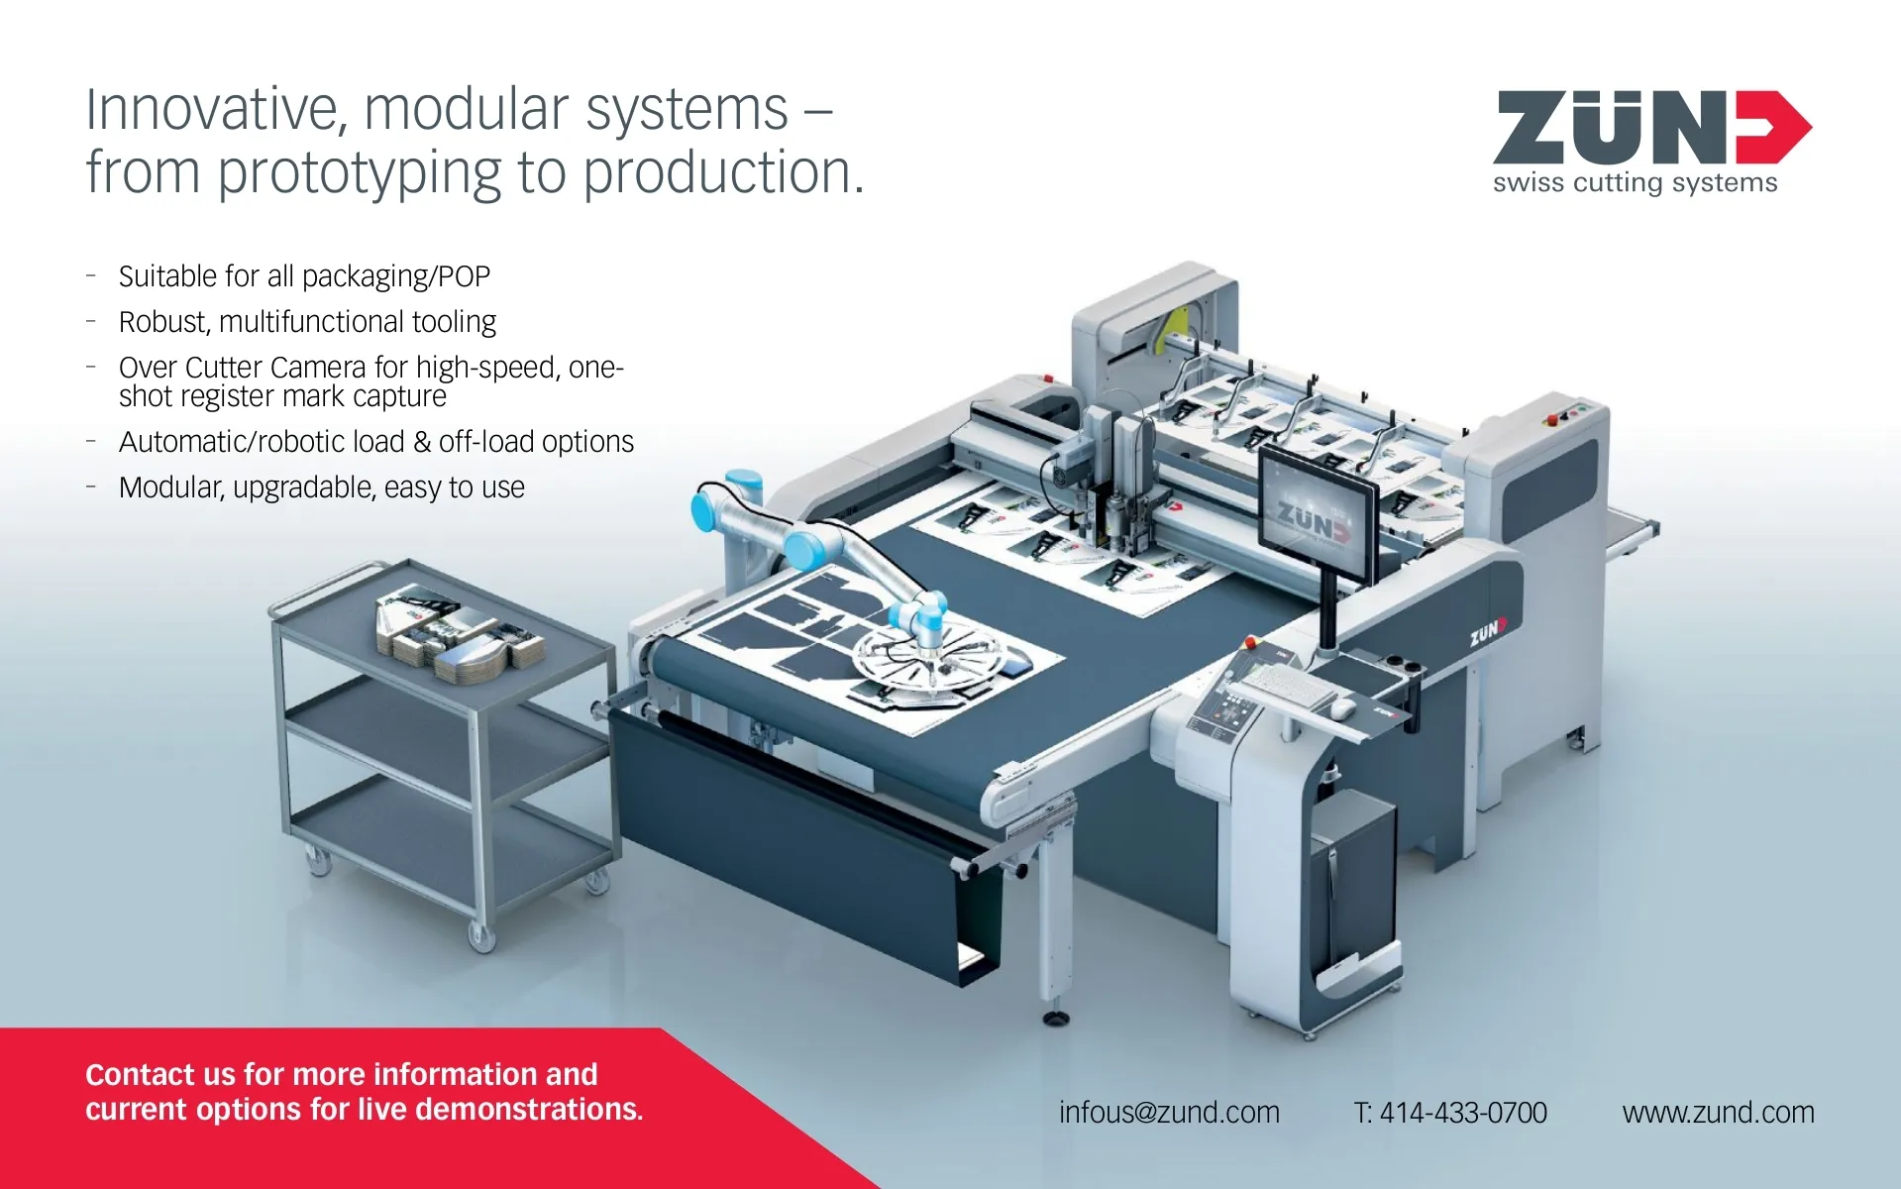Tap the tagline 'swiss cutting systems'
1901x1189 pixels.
click(1635, 182)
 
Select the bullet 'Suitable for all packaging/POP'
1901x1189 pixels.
click(304, 276)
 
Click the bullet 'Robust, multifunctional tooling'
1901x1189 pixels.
click(307, 322)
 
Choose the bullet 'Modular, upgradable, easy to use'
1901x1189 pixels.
click(322, 487)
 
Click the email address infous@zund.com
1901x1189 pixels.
click(1169, 1113)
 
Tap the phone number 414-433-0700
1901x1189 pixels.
click(1463, 1113)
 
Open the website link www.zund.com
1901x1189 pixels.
click(1718, 1113)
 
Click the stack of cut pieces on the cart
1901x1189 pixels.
click(460, 634)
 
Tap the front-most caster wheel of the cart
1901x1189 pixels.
click(481, 936)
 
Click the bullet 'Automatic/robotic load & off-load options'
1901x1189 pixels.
click(376, 442)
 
